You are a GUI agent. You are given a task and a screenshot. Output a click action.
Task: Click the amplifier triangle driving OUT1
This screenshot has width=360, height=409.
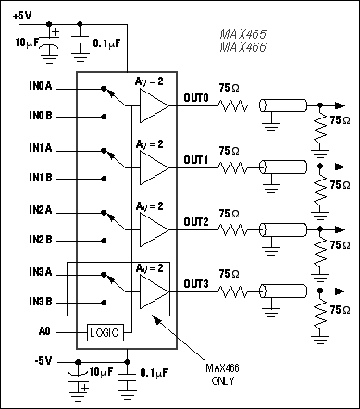(x=154, y=168)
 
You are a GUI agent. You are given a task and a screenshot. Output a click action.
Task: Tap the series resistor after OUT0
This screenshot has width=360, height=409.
(x=234, y=106)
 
